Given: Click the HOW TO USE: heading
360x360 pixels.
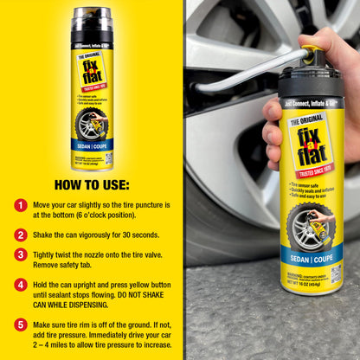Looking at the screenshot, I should tap(91, 184).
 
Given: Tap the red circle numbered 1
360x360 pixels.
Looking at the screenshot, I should tap(20, 205).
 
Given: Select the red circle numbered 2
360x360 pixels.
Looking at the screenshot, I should tap(20, 234).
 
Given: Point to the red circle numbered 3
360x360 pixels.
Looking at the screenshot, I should tap(20, 254).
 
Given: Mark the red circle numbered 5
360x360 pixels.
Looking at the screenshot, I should tap(20, 325).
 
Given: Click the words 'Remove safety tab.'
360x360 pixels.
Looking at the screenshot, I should tap(72, 267).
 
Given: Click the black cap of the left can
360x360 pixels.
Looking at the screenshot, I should tap(91, 24).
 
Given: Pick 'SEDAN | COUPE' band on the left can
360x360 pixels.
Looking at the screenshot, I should tap(91, 144).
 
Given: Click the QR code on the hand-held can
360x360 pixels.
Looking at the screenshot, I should tap(336, 273).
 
